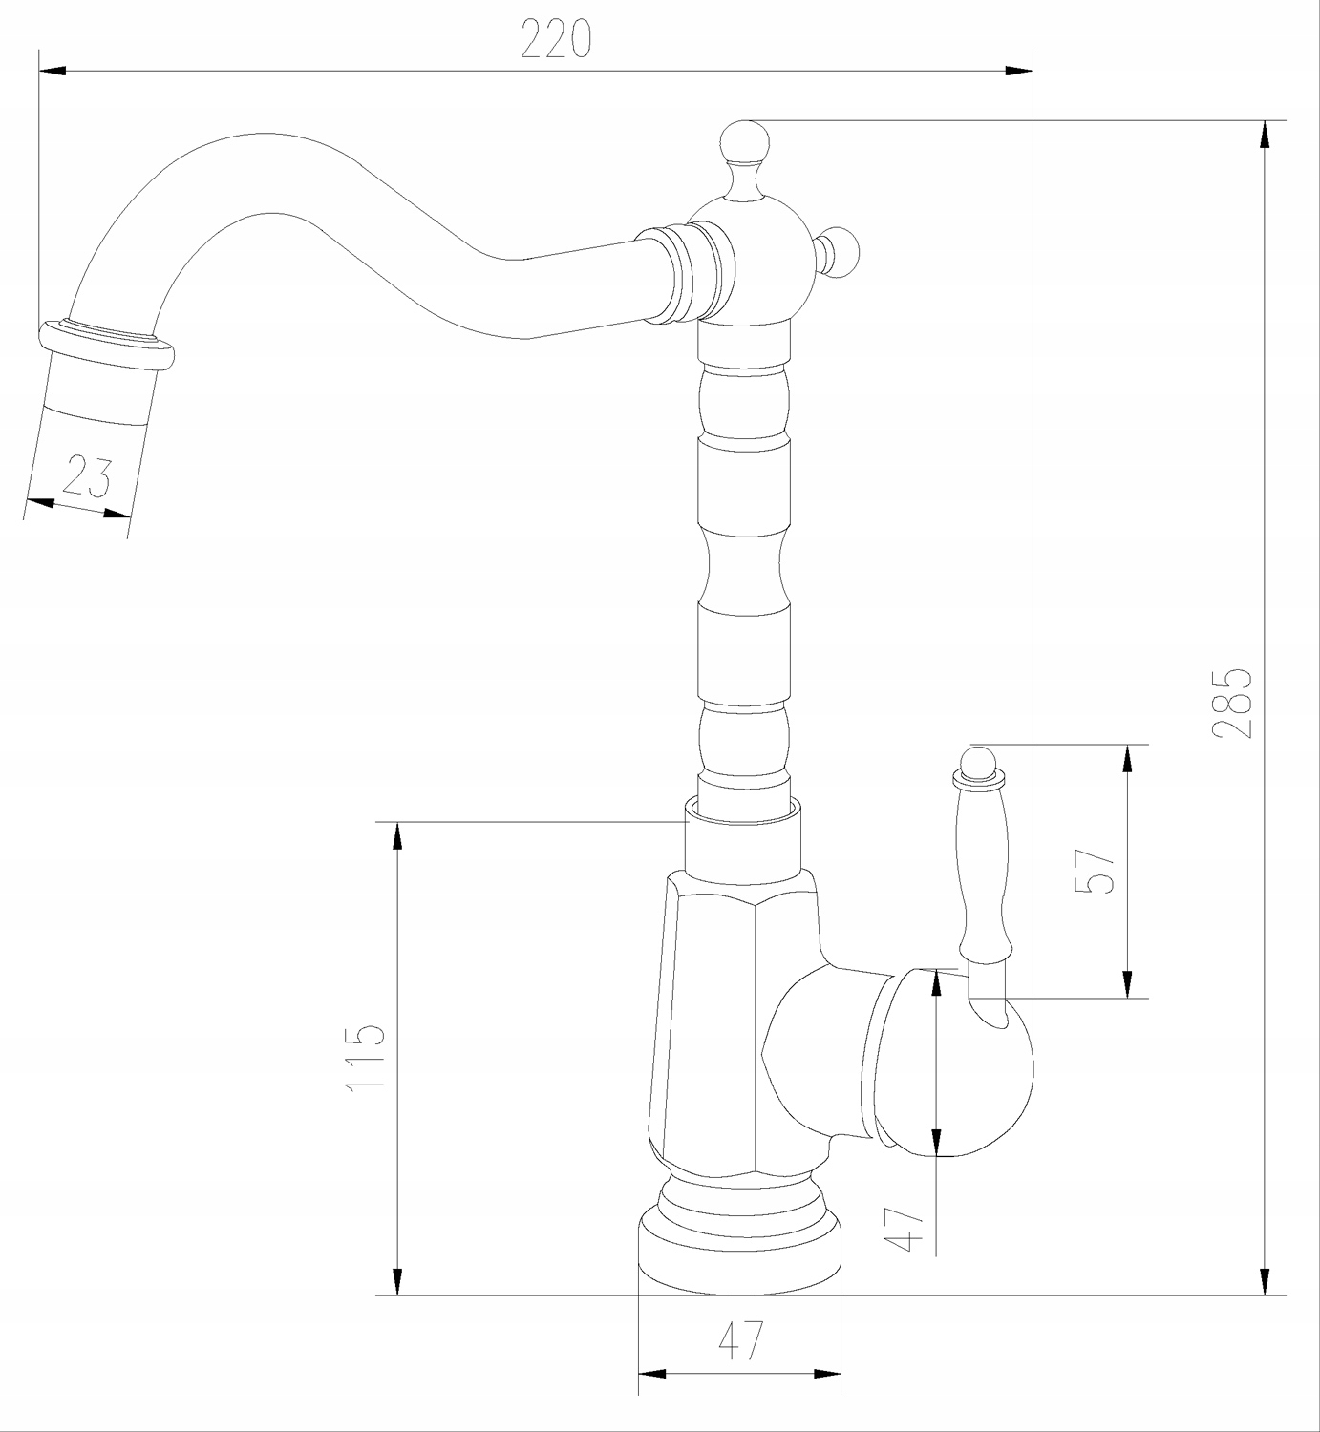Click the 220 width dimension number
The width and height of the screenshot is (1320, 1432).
coord(556,38)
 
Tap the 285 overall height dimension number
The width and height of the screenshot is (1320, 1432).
coord(1232,704)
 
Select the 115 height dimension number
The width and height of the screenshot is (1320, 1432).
coord(365,1057)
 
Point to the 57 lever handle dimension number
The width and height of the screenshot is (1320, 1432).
coord(1095,871)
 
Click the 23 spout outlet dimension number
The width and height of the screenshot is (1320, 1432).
coord(87,476)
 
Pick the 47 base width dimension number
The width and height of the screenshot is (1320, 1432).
coord(741,1340)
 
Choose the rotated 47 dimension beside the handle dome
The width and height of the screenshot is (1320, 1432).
coord(905,1230)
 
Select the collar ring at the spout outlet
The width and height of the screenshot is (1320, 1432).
coord(106,346)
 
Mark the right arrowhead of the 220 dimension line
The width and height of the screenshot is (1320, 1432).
coord(1019,72)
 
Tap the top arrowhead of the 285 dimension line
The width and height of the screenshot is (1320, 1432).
coord(1265,135)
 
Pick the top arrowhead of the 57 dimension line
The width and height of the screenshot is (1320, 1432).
coord(1127,758)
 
